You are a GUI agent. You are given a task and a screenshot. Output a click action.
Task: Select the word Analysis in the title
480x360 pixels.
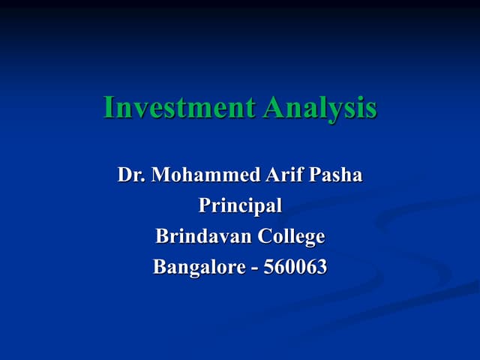click(320, 109)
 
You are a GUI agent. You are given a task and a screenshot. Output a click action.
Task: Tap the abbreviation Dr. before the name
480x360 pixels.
click(131, 176)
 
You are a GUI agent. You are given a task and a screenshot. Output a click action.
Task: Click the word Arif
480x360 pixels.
click(283, 176)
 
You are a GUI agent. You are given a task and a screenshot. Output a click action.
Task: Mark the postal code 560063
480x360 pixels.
click(297, 267)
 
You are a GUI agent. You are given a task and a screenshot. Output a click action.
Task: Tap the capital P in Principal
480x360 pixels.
click(205, 205)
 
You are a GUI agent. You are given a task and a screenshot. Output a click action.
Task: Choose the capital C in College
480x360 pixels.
click(265, 237)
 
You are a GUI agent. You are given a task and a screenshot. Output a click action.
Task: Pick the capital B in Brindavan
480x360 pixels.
click(161, 237)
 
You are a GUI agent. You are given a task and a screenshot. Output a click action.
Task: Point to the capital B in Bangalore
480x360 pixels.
click(159, 267)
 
